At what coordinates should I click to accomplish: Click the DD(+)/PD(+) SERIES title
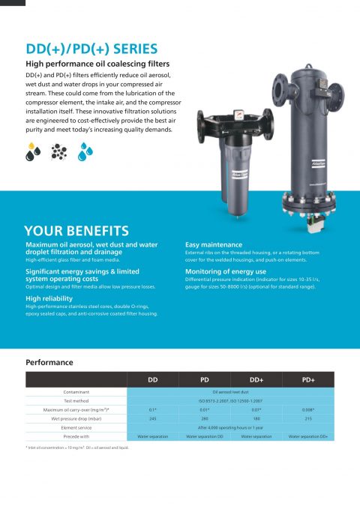click(x=91, y=50)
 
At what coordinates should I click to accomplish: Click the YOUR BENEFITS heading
click(x=76, y=231)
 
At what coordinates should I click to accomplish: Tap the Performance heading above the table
click(x=49, y=363)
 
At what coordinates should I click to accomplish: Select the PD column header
click(x=205, y=380)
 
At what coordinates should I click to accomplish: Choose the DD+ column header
click(x=256, y=380)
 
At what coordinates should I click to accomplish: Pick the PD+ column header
click(x=307, y=380)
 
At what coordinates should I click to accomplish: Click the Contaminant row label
click(x=76, y=392)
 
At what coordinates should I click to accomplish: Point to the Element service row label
click(x=76, y=426)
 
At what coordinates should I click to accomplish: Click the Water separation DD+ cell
click(x=307, y=436)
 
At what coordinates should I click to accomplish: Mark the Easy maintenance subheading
click(x=214, y=244)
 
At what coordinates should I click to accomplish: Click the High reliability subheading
click(x=55, y=298)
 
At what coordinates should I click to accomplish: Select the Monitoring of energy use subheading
click(x=225, y=271)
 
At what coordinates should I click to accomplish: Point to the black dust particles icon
click(x=60, y=152)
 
